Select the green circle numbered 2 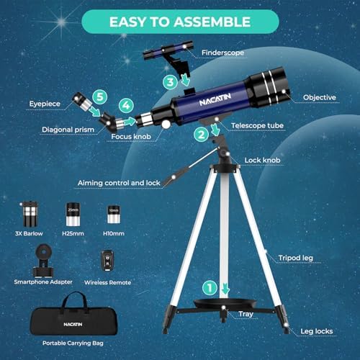[202, 133]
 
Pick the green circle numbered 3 [170, 83]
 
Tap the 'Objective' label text [320, 96]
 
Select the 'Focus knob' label [141, 135]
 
